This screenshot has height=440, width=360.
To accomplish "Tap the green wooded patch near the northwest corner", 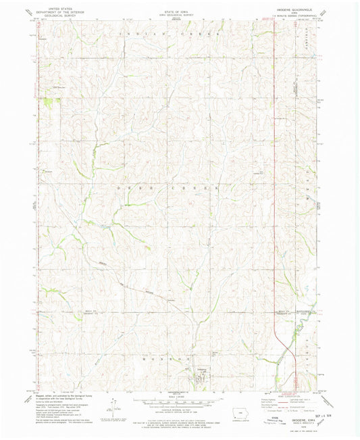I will click(48, 103).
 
